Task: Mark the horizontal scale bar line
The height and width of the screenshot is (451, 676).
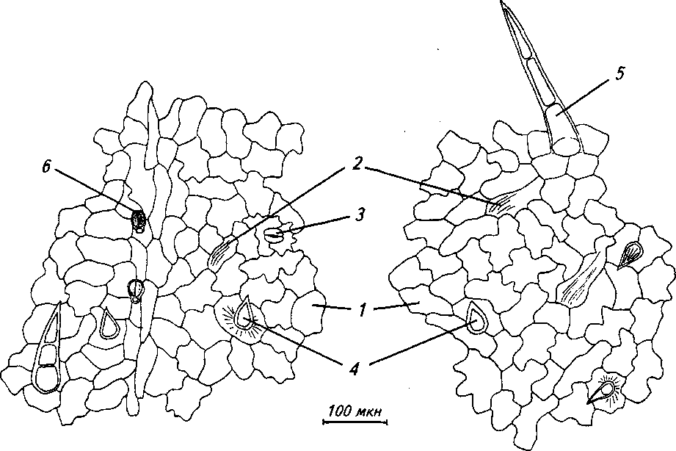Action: coord(354,422)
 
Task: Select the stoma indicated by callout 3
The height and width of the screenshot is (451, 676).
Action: coord(273,235)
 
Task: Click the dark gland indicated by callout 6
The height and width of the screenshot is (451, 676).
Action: coord(139,220)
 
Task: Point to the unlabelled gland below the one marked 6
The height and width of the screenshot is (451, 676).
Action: coord(136,289)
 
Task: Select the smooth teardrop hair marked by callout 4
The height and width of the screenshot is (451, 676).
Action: coord(476,320)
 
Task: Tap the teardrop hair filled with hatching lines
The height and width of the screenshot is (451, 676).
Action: coord(630,256)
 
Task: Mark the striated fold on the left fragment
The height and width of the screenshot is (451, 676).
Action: coord(221,253)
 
